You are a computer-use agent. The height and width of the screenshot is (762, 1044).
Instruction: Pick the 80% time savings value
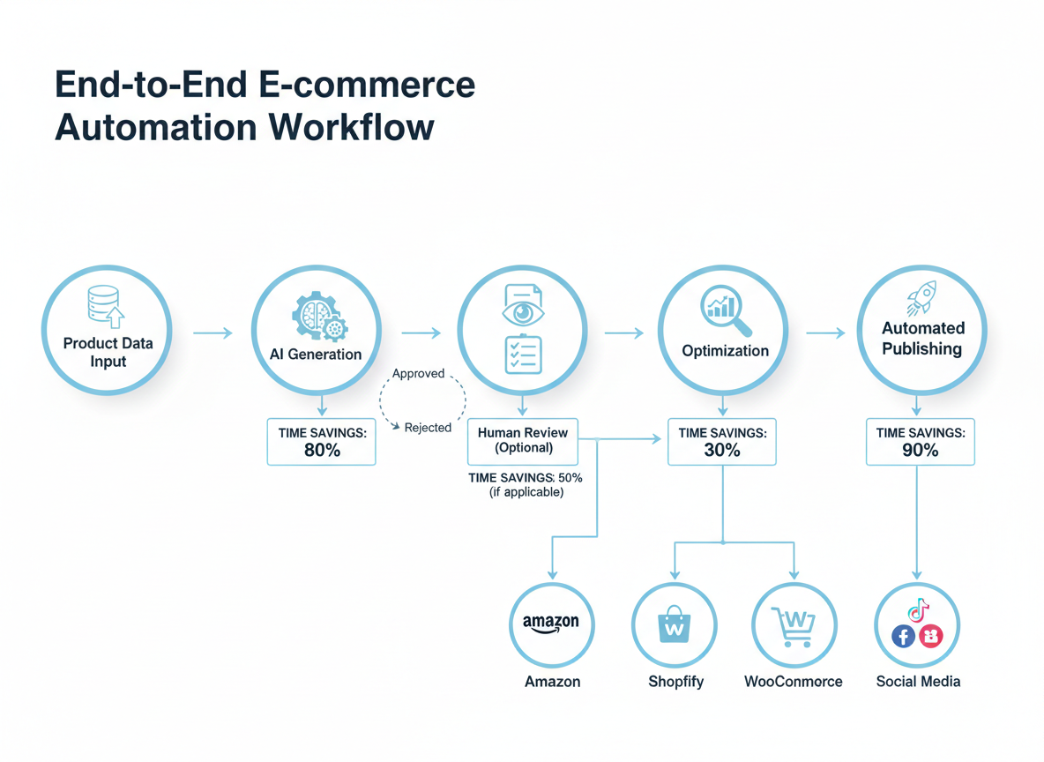(321, 450)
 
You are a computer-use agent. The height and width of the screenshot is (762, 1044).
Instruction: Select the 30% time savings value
(721, 450)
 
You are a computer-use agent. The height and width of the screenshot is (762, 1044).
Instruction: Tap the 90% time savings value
(920, 450)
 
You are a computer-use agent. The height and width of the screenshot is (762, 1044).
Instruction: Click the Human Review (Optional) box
(523, 440)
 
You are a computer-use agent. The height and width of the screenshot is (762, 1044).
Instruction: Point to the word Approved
(418, 373)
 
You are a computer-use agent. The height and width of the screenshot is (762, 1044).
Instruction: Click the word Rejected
(428, 428)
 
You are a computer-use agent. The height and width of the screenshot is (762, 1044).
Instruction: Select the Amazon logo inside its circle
(551, 624)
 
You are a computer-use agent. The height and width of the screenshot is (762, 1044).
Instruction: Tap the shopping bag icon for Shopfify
(674, 624)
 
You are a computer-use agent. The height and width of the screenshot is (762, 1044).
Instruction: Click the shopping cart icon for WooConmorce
(793, 624)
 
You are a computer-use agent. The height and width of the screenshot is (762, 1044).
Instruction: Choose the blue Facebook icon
(903, 635)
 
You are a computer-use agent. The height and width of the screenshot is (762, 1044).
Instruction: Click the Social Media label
(918, 682)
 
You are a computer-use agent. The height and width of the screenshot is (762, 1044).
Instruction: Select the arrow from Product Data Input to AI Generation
(212, 332)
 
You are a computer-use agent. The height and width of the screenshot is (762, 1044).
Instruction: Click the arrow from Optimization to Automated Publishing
(825, 332)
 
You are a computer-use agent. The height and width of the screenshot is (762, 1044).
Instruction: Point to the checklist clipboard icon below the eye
(523, 355)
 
